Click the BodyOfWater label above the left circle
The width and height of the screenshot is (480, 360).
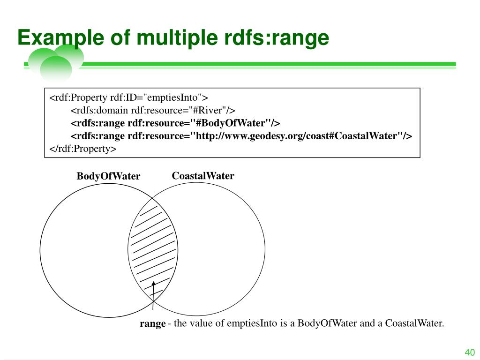click(108, 177)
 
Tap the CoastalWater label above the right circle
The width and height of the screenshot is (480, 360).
click(203, 176)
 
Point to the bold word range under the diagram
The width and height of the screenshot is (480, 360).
click(153, 323)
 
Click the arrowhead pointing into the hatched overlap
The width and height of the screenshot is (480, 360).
click(153, 284)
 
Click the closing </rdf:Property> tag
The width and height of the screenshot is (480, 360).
click(82, 149)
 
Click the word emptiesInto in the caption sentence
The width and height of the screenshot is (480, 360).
click(254, 323)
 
